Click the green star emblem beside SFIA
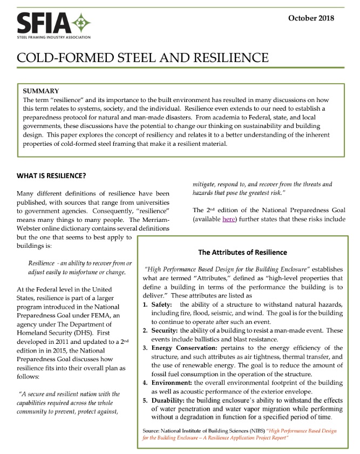(81, 23)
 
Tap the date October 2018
(311, 18)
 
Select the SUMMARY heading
(41, 91)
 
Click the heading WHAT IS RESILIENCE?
(51, 176)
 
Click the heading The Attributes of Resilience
(242, 252)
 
